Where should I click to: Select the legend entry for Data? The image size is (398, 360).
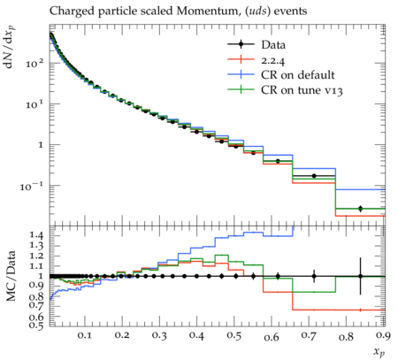tap(256, 44)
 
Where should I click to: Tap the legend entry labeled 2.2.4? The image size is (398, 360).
tap(256, 59)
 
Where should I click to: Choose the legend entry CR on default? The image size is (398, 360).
tap(281, 75)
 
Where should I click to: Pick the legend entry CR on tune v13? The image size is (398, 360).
tap(285, 90)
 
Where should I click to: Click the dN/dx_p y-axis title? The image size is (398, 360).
tap(10, 47)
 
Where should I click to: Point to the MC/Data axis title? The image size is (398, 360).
tap(11, 276)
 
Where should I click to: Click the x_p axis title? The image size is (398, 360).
tap(379, 351)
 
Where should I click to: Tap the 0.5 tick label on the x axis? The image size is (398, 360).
tap(234, 336)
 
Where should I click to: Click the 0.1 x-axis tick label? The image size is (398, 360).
tap(85, 336)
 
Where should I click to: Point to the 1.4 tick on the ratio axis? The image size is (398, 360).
tap(36, 235)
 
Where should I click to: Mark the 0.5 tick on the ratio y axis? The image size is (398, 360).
tap(36, 326)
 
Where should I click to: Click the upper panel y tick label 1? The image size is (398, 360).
tap(40, 145)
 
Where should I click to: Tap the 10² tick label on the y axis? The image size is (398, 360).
tap(34, 63)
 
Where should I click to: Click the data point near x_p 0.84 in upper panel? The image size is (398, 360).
tap(360, 209)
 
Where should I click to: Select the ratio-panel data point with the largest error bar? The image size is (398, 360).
tap(360, 276)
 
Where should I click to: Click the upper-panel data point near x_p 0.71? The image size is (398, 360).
tap(314, 176)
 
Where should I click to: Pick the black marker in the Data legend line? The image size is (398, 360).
tap(241, 44)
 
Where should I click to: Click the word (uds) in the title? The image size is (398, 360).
tap(256, 11)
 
